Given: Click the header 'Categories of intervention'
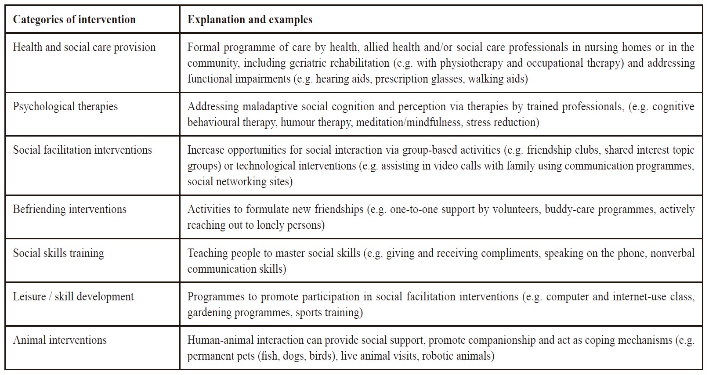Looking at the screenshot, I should click(x=74, y=20).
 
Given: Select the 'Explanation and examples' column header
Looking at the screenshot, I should click(x=250, y=20).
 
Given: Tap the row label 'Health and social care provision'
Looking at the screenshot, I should click(x=84, y=47).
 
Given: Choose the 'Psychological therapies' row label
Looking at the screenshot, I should click(x=65, y=107).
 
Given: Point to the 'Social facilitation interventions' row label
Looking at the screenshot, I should click(x=82, y=150).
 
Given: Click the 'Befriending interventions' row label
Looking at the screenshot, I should click(x=69, y=209).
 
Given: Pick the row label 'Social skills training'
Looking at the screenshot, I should click(x=58, y=253).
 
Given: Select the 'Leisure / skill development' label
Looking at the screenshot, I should click(x=73, y=297).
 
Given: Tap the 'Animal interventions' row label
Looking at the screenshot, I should click(x=60, y=340).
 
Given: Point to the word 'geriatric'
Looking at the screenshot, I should click(x=310, y=63).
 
